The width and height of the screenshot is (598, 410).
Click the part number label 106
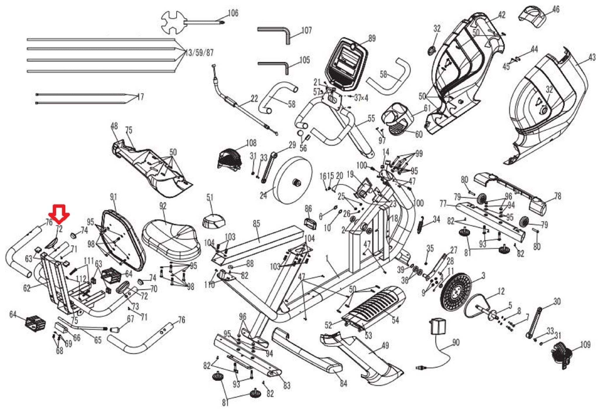(233, 13)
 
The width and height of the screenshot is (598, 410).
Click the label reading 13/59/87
(199, 53)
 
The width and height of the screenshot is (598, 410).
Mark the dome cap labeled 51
(214, 222)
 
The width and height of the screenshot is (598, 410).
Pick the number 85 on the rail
(256, 224)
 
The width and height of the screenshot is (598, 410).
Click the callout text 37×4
(361, 98)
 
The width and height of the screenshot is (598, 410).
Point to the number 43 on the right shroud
(592, 57)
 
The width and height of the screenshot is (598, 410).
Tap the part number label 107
(306, 30)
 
